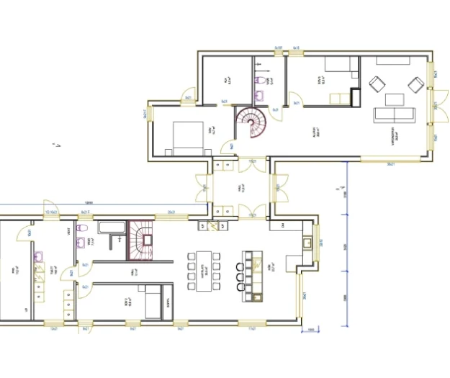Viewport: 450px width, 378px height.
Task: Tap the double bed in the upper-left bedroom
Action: click(x=185, y=138)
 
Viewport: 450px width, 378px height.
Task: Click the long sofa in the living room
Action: click(x=393, y=114)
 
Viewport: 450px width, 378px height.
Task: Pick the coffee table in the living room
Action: click(x=393, y=99)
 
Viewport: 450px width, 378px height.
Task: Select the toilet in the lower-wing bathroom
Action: click(x=83, y=228)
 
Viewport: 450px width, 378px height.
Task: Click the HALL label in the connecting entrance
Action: click(x=242, y=189)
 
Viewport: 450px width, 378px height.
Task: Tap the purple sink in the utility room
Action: click(x=41, y=254)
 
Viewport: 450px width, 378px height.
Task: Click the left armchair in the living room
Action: click(x=376, y=84)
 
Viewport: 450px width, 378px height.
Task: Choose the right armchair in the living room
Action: click(x=415, y=84)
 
